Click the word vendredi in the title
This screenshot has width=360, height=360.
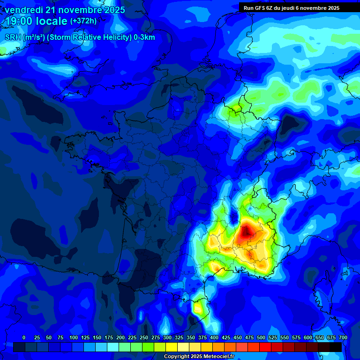24,10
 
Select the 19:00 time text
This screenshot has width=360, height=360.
18,21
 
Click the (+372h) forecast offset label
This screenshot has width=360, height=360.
83,21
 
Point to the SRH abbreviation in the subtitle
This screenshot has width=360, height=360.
13,37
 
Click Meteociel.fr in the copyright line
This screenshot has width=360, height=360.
218,357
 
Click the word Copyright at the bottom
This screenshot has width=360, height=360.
177,357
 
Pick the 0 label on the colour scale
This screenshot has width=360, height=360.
24,338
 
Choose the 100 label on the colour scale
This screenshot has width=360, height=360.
74,338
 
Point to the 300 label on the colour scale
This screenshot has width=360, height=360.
167,338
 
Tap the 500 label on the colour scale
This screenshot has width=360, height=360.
261,338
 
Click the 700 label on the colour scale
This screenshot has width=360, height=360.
343,338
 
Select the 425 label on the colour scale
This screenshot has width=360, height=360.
226,338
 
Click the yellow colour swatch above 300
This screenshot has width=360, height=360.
172,347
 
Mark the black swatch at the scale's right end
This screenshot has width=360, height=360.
336,347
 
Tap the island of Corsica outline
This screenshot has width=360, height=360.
323,286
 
